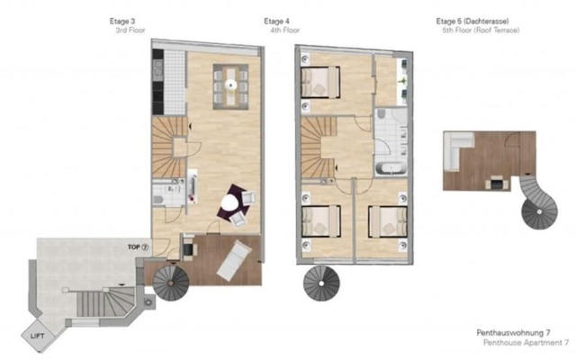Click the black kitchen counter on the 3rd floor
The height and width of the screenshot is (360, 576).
pyautogui.click(x=157, y=81)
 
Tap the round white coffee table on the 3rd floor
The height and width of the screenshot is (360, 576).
pyautogui.click(x=234, y=202)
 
